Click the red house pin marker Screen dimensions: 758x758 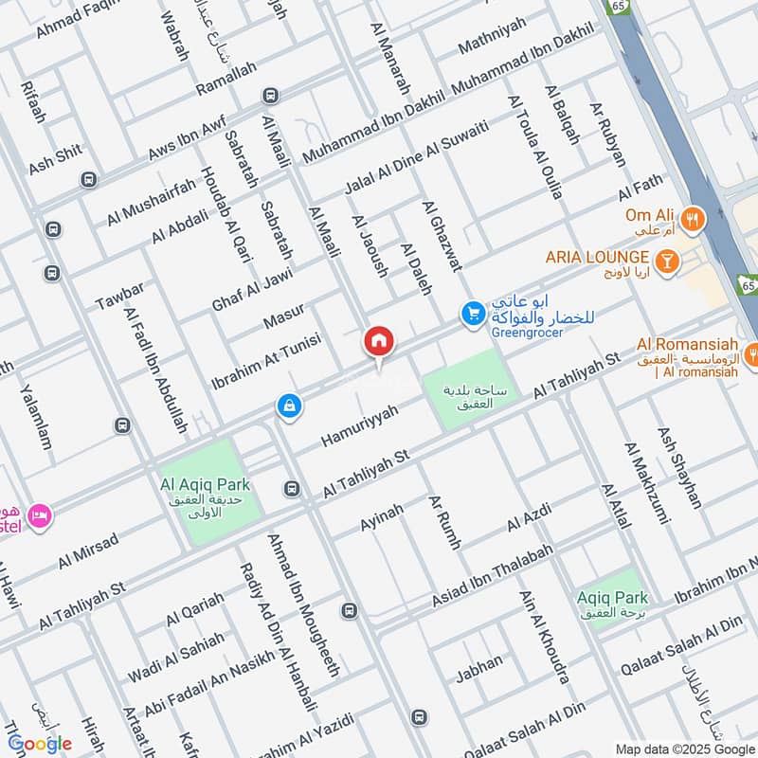379,341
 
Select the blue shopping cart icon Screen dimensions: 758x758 472,312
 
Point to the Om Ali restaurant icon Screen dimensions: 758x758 695,216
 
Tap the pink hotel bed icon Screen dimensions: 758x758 40,515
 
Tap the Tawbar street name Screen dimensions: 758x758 119,297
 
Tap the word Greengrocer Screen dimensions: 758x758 522,333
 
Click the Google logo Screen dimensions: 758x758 40,744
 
